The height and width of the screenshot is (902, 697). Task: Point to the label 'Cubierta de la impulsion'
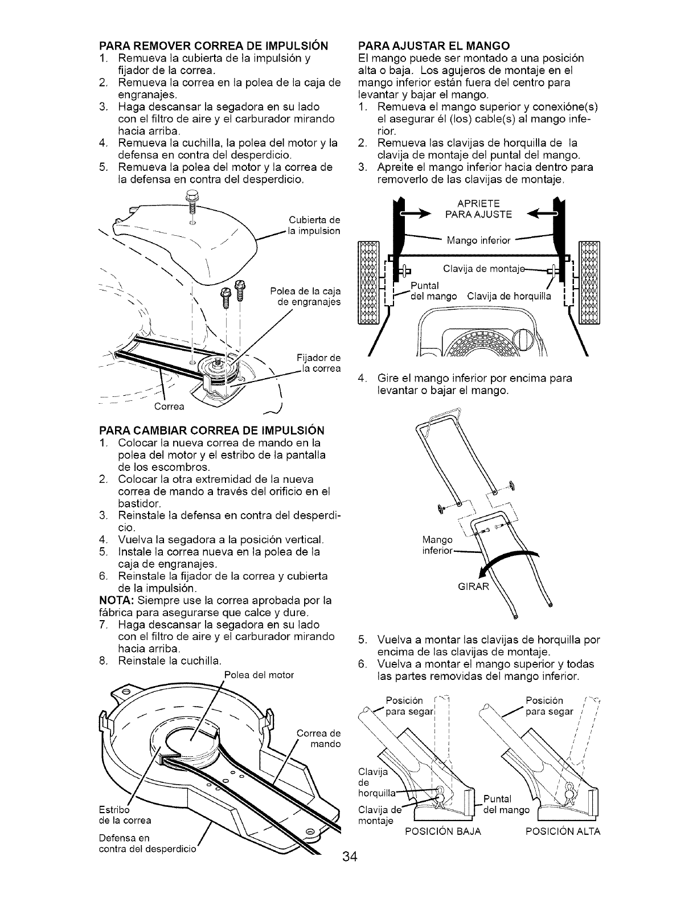click(314, 226)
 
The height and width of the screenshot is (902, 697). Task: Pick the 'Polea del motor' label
click(259, 675)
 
